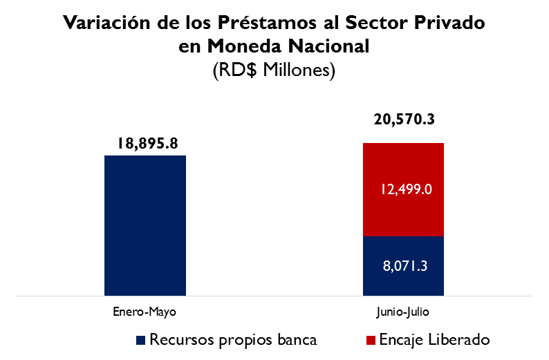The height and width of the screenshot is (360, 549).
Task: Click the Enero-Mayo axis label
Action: (145, 312)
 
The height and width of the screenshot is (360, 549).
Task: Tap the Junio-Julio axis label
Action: (403, 312)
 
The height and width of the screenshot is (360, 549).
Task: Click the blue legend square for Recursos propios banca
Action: (141, 340)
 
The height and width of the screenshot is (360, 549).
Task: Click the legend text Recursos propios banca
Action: (233, 339)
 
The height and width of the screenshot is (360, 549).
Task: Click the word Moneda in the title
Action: (239, 46)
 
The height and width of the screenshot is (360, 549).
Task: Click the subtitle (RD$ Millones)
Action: (274, 70)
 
